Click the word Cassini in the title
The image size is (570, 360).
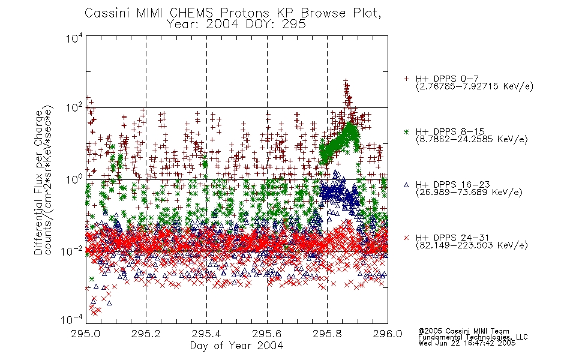point(107,13)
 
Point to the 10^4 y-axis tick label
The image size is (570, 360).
point(74,38)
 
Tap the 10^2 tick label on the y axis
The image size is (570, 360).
point(74,108)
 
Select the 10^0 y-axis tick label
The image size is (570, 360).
point(74,179)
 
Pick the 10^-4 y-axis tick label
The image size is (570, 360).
point(71,320)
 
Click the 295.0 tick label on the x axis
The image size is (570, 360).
point(85,334)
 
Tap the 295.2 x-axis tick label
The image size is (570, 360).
point(146,334)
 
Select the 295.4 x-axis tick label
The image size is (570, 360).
point(206,334)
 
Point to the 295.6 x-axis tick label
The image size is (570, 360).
point(266,334)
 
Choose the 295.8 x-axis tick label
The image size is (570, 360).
point(327,334)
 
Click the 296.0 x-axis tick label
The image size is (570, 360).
point(388,334)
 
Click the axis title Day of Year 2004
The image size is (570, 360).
point(236,346)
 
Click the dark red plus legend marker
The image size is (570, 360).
point(406,79)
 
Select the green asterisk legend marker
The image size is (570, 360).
point(406,131)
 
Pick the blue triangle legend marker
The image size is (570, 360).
point(406,185)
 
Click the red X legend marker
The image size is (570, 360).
point(406,238)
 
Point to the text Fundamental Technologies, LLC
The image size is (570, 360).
point(473,337)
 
